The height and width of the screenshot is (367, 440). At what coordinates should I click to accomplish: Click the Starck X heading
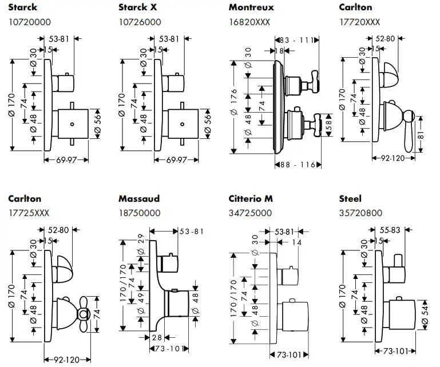(138, 8)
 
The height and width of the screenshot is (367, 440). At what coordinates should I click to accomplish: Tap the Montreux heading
(251, 8)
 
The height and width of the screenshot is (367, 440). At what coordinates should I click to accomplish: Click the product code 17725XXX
(29, 213)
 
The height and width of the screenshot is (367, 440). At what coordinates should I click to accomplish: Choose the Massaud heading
(139, 199)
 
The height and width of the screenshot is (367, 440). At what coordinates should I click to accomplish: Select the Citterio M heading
(251, 199)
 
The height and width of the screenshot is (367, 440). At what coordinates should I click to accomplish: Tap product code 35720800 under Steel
(360, 213)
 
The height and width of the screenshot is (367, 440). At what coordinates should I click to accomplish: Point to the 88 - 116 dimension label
(298, 165)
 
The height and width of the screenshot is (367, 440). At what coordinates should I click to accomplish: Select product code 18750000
(139, 213)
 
